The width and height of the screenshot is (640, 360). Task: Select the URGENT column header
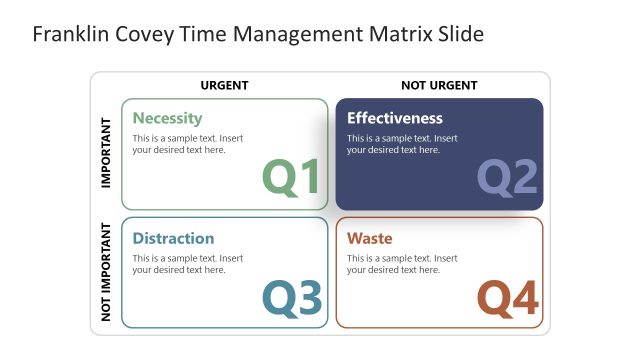click(224, 85)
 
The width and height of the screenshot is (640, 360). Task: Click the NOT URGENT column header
click(439, 85)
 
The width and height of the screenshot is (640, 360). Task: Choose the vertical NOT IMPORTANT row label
click(106, 271)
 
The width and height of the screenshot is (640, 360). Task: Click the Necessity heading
click(167, 118)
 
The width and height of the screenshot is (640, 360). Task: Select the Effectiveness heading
click(394, 118)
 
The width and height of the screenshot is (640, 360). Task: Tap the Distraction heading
click(173, 238)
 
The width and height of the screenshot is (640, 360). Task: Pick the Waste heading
click(369, 238)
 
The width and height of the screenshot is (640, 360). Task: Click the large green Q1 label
click(291, 177)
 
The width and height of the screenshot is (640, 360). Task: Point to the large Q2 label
click(507, 177)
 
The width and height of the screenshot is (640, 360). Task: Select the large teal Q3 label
click(292, 298)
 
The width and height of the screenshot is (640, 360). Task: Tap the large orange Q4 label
click(507, 298)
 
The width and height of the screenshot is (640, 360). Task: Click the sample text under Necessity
click(187, 144)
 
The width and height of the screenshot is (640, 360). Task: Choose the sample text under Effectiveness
click(402, 144)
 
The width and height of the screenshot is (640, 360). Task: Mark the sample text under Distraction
click(187, 264)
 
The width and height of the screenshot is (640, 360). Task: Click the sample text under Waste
click(402, 264)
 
